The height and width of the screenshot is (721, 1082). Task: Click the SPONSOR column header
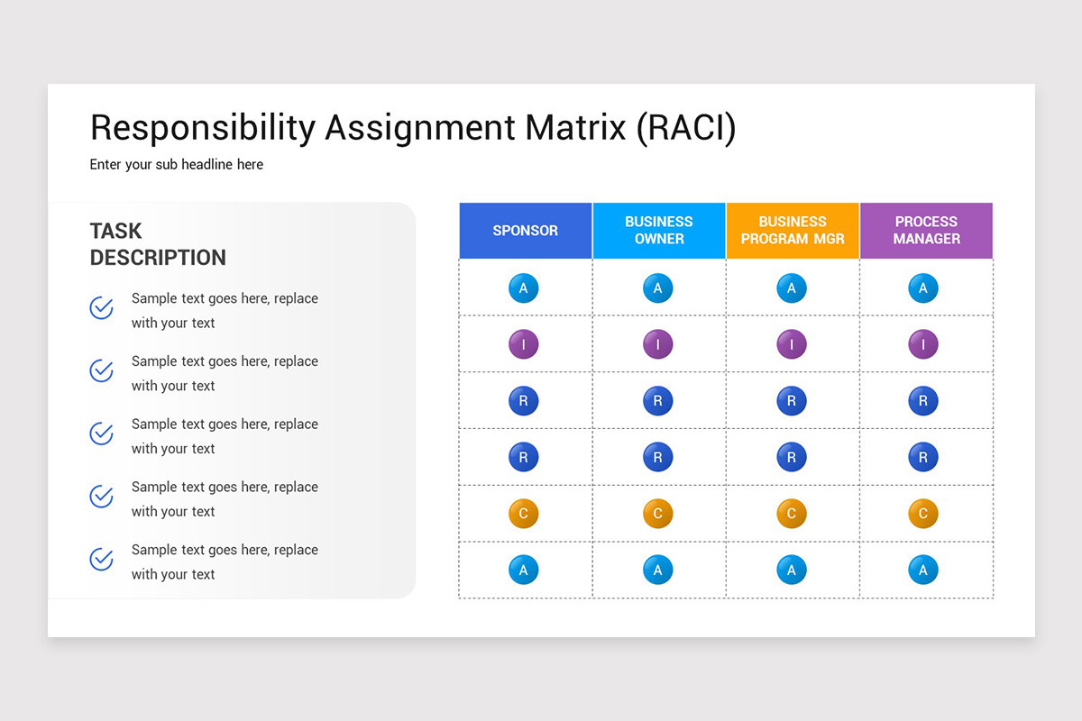[525, 231]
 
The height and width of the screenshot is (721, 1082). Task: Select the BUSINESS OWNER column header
[659, 231]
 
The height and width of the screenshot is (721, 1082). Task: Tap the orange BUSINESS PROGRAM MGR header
[793, 231]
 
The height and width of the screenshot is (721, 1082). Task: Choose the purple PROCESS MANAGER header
[926, 231]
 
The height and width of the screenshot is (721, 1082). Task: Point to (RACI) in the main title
[686, 128]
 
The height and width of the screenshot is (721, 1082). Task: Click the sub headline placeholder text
[177, 165]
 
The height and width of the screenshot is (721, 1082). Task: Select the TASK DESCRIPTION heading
[158, 244]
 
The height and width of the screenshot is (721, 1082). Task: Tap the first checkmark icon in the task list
[102, 308]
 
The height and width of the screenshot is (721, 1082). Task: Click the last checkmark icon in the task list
[102, 560]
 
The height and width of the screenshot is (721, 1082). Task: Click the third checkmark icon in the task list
[102, 434]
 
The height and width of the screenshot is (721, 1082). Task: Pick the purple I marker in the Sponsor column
[523, 344]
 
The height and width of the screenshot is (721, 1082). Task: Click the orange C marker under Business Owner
[657, 514]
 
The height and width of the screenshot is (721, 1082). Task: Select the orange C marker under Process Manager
[922, 514]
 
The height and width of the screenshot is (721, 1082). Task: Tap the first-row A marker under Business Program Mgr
[791, 288]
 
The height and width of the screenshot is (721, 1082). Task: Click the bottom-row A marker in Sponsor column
[523, 570]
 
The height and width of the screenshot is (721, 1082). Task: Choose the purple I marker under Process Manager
[922, 344]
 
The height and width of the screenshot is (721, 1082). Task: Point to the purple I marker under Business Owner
[657, 344]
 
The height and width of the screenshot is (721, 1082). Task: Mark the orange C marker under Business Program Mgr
[791, 514]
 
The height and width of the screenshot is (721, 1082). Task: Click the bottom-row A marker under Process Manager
[922, 570]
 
